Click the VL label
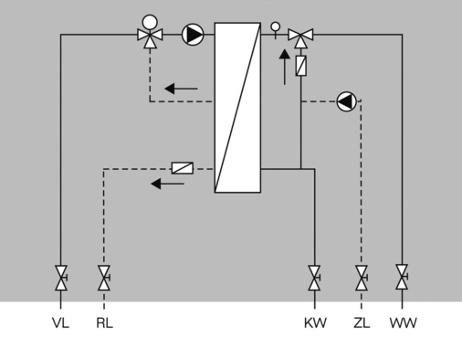(x=61, y=323)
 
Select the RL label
(x=104, y=323)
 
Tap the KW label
(x=314, y=323)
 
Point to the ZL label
(x=362, y=323)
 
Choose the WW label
(x=402, y=323)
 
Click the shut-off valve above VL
(x=61, y=276)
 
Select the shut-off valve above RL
(x=104, y=276)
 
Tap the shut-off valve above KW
(x=314, y=276)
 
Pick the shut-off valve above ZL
(x=362, y=276)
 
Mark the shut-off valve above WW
(x=402, y=276)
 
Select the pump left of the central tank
(x=193, y=35)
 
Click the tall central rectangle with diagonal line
(x=237, y=108)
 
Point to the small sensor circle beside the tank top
(x=276, y=27)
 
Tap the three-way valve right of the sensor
(x=300, y=36)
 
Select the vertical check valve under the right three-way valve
(x=300, y=66)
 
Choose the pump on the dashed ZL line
(x=346, y=101)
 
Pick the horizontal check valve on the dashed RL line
(x=183, y=168)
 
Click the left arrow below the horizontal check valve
(x=167, y=184)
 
